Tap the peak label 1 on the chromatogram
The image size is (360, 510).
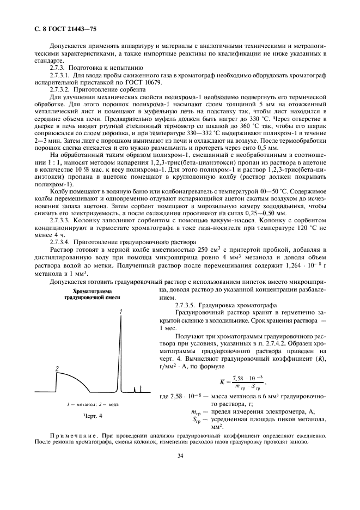120,311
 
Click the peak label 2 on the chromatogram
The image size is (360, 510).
57,369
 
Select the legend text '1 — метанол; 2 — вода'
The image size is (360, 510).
90,404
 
